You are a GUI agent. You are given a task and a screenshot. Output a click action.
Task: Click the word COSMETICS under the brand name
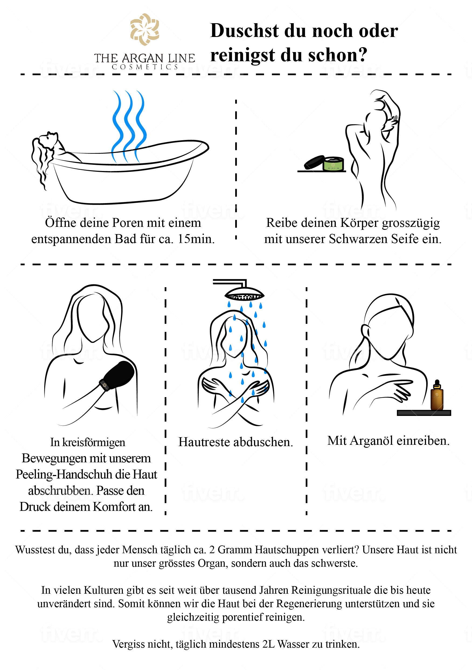(145, 67)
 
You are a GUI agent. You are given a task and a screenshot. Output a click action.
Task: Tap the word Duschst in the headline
(244, 31)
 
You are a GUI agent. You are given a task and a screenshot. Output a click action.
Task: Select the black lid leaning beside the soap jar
(314, 162)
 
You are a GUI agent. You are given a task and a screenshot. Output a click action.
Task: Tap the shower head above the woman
(244, 293)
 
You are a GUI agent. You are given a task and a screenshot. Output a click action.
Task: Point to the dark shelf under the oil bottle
(424, 413)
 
